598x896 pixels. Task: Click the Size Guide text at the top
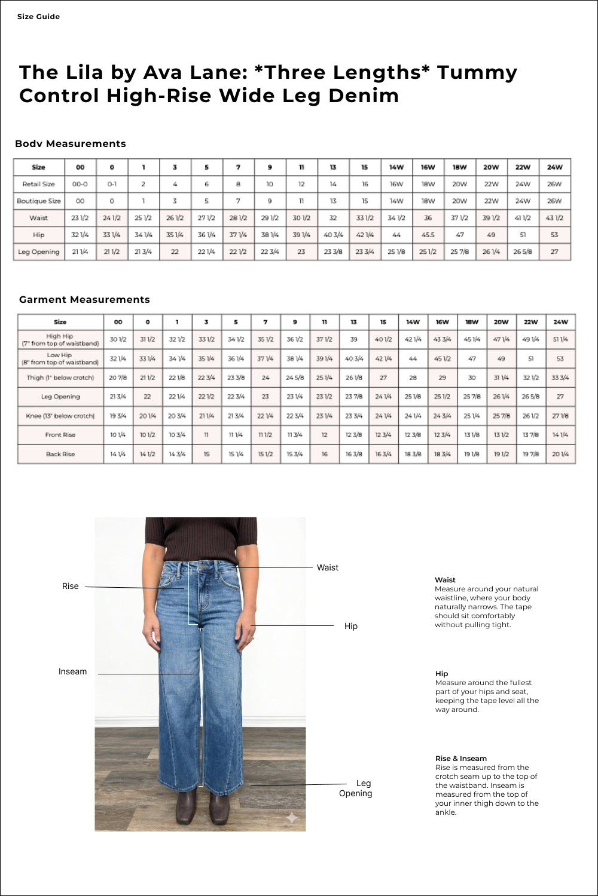(38, 17)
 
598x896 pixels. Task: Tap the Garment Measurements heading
(84, 300)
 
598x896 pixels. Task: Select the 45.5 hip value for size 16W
(428, 235)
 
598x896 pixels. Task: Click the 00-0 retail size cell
(80, 184)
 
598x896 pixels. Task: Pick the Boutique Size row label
(39, 201)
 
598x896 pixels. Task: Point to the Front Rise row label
(60, 435)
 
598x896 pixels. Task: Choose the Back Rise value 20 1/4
(560, 454)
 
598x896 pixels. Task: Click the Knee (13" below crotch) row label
(60, 416)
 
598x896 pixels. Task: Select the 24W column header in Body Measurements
(554, 167)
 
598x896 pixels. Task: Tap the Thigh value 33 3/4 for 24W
(560, 378)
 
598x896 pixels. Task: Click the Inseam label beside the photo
(72, 672)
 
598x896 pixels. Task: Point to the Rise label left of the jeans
(71, 587)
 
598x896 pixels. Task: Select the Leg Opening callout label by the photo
(356, 788)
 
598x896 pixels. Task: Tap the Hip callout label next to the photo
(351, 626)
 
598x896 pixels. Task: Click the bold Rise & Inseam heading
(460, 759)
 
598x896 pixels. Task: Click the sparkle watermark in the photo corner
(292, 817)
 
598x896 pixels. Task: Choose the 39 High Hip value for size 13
(353, 339)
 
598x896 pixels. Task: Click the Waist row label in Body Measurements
(39, 218)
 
